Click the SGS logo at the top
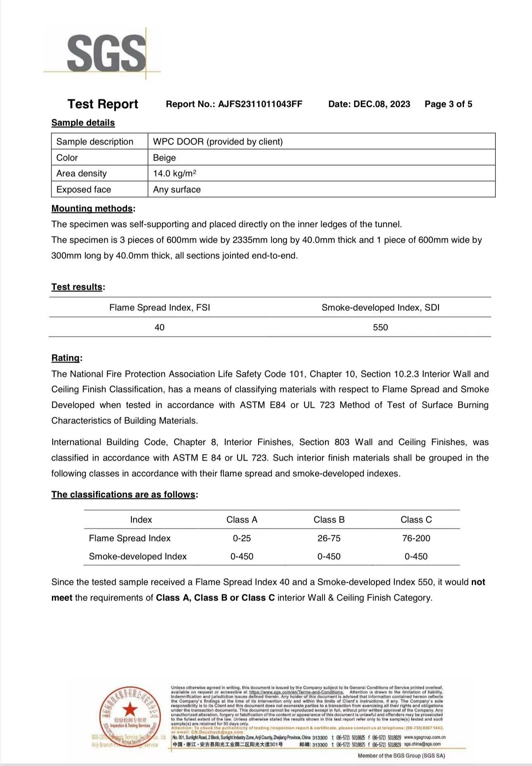pos(106,53)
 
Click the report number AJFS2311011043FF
pos(260,104)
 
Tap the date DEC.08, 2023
pos(381,104)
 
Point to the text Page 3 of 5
pos(448,104)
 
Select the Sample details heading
pos(83,123)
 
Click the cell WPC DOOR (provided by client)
pos(218,142)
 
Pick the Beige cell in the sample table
pos(164,158)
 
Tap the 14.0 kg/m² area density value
pos(174,173)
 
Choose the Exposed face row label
pos(84,189)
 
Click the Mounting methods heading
pos(92,208)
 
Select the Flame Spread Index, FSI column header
pos(160,307)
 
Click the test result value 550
pos(380,327)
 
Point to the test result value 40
pos(160,327)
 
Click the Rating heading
pos(66,358)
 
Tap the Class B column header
pos(329,520)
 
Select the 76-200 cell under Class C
pos(416,538)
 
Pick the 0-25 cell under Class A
pos(242,538)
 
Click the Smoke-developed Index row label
pos(138,556)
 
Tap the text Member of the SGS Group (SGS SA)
pos(401,756)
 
